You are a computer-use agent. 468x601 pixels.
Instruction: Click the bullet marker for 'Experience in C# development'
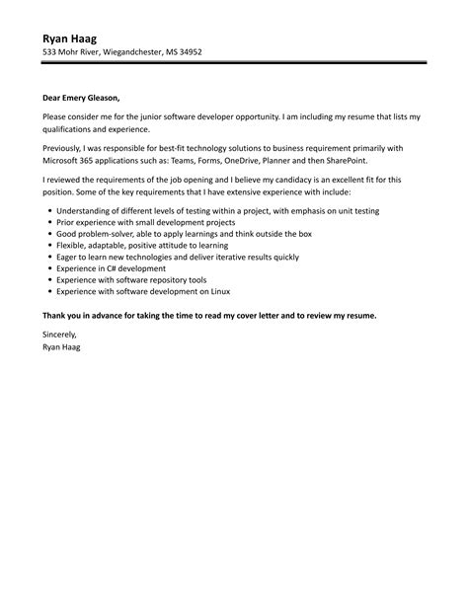48,268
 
